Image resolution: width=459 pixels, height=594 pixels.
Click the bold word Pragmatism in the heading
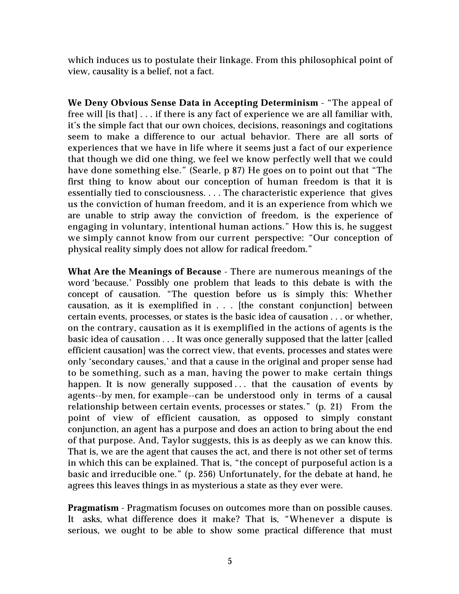93,508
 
